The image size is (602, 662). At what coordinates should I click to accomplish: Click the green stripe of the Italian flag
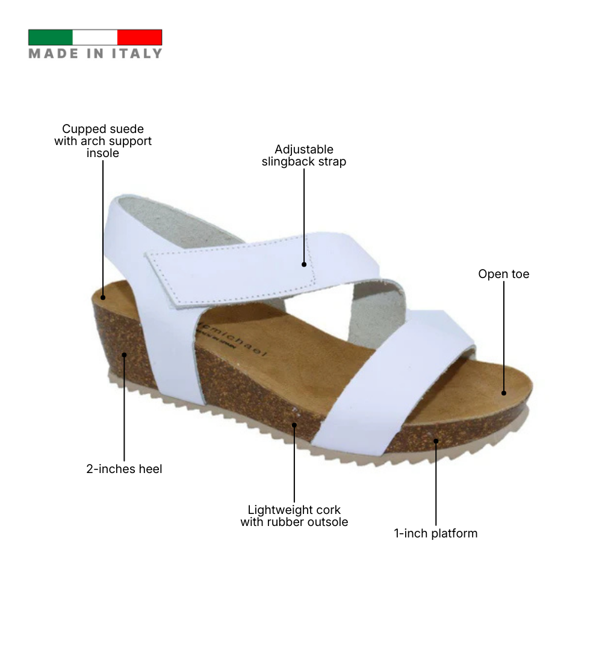51,37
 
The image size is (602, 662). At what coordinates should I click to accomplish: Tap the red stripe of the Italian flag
140,37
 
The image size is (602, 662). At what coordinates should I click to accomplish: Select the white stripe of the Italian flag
95,37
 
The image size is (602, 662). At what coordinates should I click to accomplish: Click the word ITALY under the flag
137,54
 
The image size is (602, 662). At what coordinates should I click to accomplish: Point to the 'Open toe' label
504,274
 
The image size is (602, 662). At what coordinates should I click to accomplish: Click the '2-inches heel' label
124,469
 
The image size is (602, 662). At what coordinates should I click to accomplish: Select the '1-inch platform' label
436,533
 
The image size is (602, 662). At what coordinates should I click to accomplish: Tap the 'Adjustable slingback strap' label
304,155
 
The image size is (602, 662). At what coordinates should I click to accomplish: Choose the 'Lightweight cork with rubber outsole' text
294,516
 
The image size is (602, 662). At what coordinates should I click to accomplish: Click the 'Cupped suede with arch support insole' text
103,141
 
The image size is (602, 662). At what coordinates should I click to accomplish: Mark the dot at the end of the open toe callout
504,393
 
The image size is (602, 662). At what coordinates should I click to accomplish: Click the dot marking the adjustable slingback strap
304,264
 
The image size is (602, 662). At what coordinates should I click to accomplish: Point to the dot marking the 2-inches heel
124,354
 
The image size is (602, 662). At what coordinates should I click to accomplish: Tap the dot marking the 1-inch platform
436,441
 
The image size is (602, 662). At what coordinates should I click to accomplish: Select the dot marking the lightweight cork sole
294,425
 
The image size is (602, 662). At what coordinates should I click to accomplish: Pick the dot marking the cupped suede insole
103,297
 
